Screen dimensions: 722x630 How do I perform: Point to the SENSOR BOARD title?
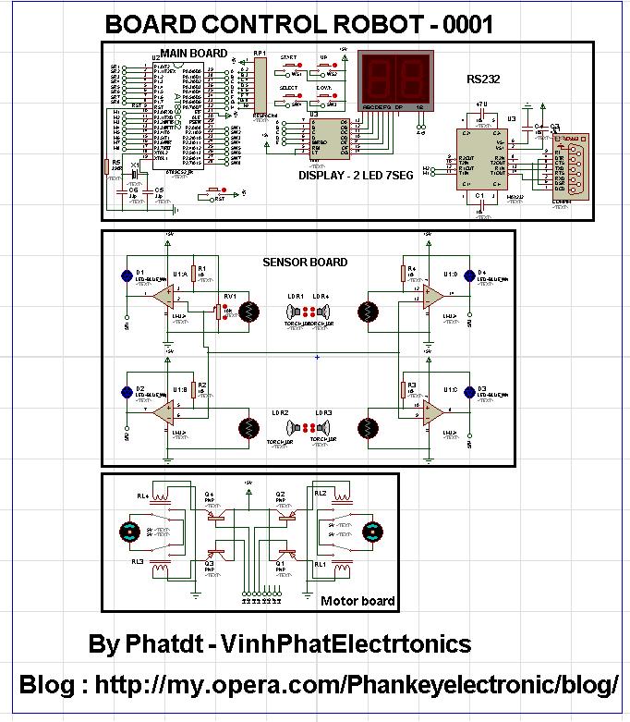(305, 263)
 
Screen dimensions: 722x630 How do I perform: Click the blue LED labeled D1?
(127, 275)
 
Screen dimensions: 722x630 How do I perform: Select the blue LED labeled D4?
(469, 275)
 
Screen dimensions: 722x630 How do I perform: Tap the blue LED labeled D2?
(127, 392)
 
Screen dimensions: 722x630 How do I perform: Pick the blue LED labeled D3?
(469, 392)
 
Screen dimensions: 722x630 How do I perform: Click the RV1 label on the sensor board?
(228, 296)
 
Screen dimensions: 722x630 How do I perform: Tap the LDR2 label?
(280, 412)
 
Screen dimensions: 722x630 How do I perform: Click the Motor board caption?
(357, 601)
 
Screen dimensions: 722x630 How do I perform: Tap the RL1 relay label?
(320, 562)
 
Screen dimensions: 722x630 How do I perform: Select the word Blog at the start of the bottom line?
(48, 685)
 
